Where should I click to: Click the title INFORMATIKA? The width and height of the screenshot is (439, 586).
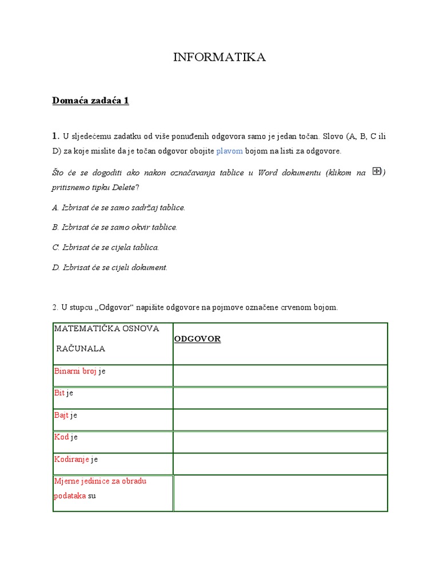[219, 57]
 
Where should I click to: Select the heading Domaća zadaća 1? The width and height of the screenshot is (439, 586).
[90, 101]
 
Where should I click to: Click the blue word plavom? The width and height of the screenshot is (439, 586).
[229, 151]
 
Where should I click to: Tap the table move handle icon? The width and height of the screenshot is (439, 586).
[376, 171]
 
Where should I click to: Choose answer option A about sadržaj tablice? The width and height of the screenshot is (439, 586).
[119, 207]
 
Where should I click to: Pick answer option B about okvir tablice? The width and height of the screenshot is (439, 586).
[115, 227]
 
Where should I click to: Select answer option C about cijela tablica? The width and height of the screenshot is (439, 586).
[106, 247]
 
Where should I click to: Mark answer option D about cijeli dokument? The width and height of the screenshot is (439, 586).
[110, 267]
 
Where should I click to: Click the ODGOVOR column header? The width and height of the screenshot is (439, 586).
[197, 339]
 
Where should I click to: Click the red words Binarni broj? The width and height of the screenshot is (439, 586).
[75, 371]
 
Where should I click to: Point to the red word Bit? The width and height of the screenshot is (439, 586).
[59, 393]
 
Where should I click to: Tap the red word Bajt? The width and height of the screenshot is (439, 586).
[61, 415]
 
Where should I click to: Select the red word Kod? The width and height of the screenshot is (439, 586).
[61, 437]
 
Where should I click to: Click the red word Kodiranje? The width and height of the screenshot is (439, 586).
[71, 459]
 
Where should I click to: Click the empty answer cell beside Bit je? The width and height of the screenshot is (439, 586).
[280, 398]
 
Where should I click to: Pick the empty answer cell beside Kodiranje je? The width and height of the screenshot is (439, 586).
[280, 464]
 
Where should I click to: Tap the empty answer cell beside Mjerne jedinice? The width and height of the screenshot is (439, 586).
[280, 493]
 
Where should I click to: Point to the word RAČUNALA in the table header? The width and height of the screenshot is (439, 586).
[81, 349]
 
